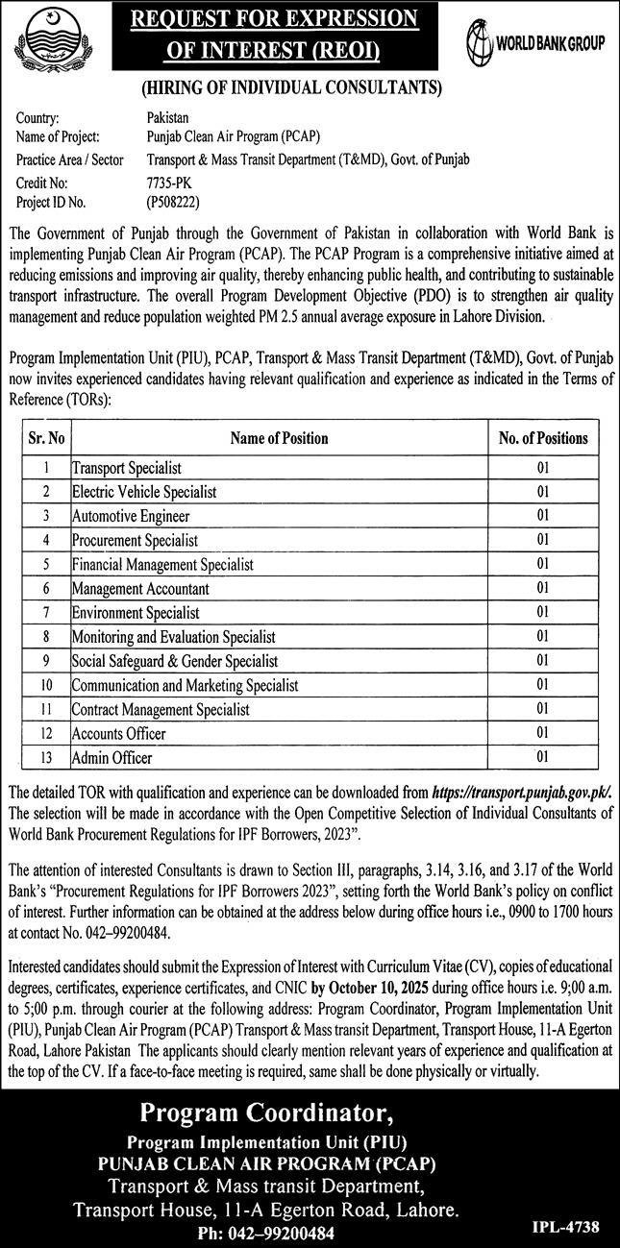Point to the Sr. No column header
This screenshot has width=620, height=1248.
[x=45, y=438]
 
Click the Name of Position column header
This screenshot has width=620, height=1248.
[x=279, y=438]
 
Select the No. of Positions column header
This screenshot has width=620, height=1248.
[x=542, y=438]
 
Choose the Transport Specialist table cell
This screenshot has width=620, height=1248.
[x=127, y=469]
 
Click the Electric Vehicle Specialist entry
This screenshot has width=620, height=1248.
[x=144, y=492]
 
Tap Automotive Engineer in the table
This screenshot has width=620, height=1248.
[x=131, y=516]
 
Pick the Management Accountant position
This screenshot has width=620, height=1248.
[x=140, y=588]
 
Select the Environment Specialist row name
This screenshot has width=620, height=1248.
[x=136, y=612]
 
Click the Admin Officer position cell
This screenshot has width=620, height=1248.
[x=112, y=758]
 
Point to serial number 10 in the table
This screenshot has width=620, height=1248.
[x=45, y=685]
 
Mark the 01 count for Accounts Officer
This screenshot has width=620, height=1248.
[x=542, y=734]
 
